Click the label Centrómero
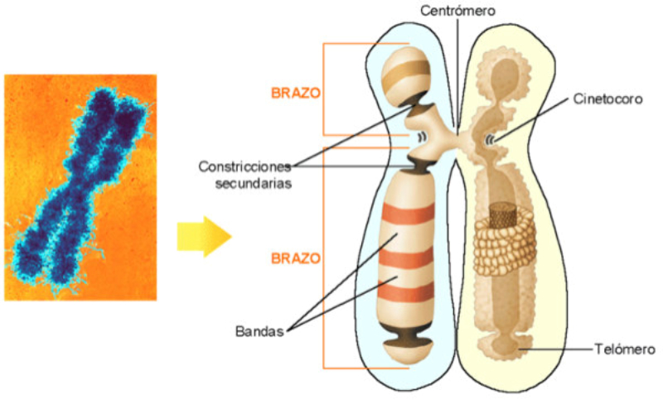coord(457,12)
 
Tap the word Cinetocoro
coord(607,99)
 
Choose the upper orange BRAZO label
coord(295,93)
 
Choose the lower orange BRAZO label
coord(295,258)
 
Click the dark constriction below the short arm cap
coord(419,111)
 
